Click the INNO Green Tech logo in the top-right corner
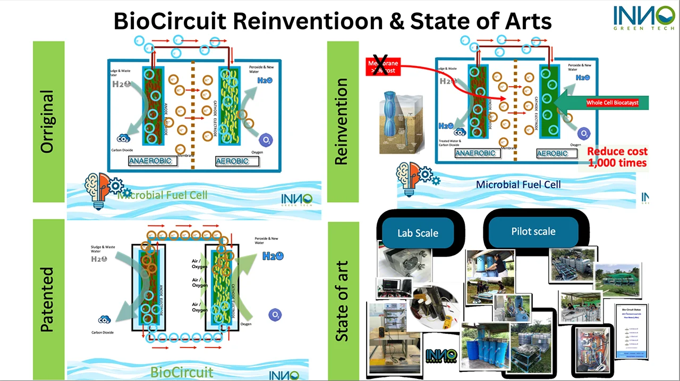click(643, 17)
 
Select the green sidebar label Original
click(48, 122)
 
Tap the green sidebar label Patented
click(48, 300)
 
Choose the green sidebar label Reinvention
click(342, 122)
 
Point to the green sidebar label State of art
click(342, 301)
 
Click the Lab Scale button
click(418, 233)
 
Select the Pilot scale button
click(533, 231)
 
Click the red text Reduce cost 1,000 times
click(617, 157)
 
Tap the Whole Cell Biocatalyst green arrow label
click(611, 103)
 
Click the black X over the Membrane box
click(380, 65)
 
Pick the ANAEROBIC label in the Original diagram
click(152, 161)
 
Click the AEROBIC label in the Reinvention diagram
click(552, 153)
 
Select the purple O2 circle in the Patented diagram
click(275, 315)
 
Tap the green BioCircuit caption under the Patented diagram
click(182, 371)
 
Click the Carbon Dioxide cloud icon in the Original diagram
click(124, 138)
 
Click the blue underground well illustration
click(400, 118)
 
